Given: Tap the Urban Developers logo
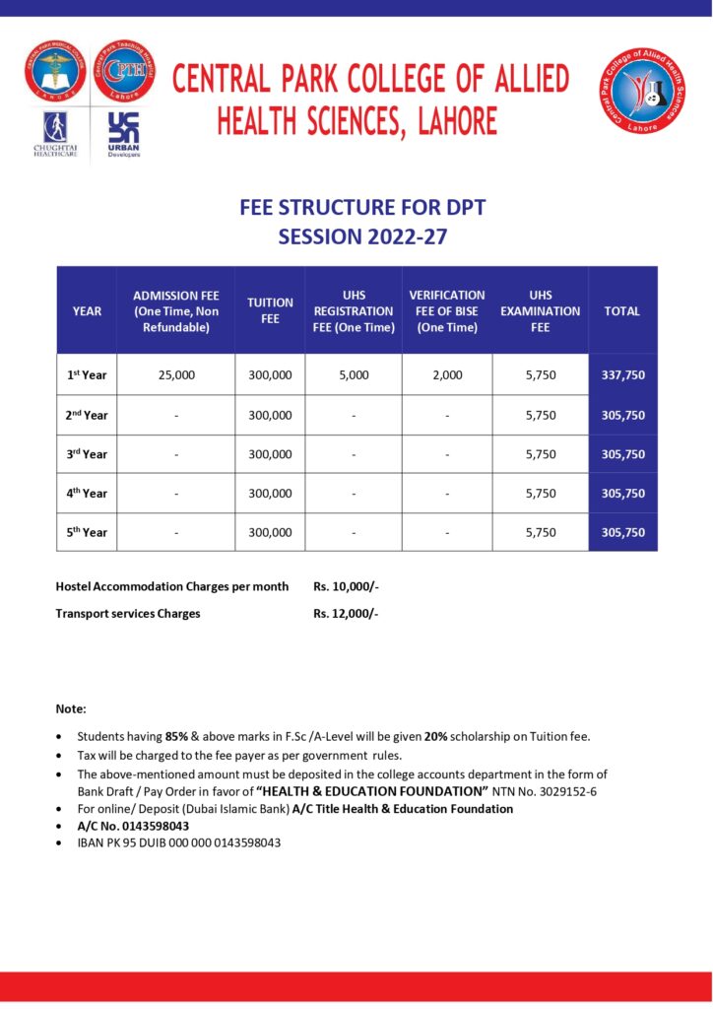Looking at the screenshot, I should click(x=124, y=134).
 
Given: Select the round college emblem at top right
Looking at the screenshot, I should click(x=643, y=90).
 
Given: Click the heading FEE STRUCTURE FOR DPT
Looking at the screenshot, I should click(x=362, y=208).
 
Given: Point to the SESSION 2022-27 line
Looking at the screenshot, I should click(x=362, y=236).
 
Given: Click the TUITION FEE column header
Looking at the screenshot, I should click(x=270, y=310).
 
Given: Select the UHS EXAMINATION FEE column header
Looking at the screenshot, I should click(x=540, y=310).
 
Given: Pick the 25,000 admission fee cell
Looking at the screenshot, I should click(x=176, y=375).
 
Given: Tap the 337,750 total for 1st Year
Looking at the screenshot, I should click(x=622, y=375).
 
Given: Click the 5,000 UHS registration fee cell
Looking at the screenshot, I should click(x=353, y=375).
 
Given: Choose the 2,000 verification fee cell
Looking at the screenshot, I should click(x=447, y=375).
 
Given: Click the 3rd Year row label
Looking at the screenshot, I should click(x=87, y=454).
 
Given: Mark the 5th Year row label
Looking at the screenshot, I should click(x=87, y=532).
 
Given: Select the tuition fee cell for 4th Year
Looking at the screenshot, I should click(x=270, y=494).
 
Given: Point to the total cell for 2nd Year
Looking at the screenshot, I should click(x=622, y=415).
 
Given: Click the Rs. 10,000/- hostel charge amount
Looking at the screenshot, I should click(x=346, y=586).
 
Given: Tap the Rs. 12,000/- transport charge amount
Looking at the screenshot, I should click(x=346, y=613).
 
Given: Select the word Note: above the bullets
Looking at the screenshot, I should click(x=71, y=708).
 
